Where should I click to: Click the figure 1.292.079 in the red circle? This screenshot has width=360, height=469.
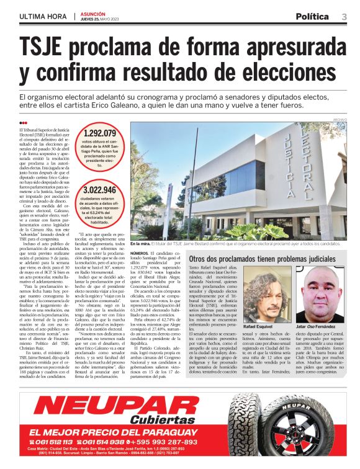pos(100,133)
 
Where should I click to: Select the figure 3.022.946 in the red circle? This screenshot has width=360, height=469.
pos(99,190)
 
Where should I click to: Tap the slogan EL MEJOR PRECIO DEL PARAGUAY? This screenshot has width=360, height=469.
pos(106,431)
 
